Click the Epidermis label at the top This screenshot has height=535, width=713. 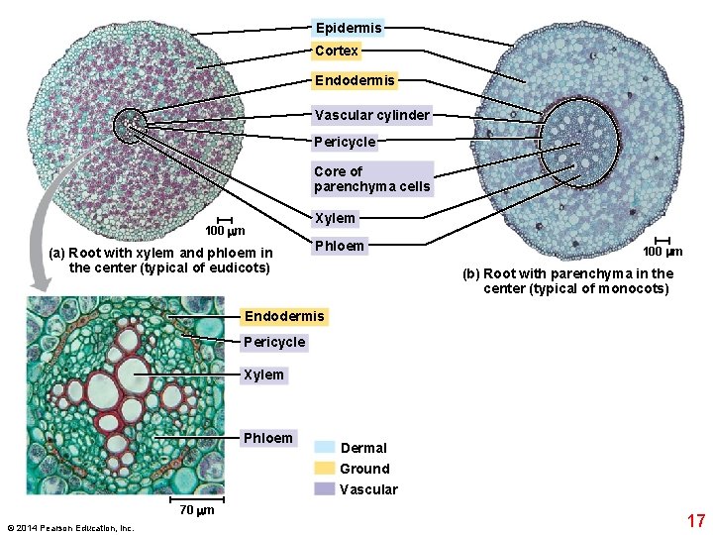click(x=348, y=28)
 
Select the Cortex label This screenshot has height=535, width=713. click(x=337, y=51)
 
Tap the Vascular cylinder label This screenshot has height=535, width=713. click(x=371, y=115)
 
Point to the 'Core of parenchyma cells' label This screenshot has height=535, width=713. click(x=371, y=178)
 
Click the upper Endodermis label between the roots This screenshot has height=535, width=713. click(x=355, y=79)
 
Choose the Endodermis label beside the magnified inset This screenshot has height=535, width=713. click(x=284, y=317)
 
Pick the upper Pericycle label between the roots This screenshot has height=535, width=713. click(x=345, y=142)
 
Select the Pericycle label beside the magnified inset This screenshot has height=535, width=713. click(x=274, y=342)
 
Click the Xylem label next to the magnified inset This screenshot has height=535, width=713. click(x=263, y=374)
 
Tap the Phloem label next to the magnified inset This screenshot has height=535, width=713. click(x=267, y=438)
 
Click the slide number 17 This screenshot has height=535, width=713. click(x=695, y=520)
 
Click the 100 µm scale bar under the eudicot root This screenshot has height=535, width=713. click(x=225, y=221)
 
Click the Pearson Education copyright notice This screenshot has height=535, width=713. click(x=69, y=528)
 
